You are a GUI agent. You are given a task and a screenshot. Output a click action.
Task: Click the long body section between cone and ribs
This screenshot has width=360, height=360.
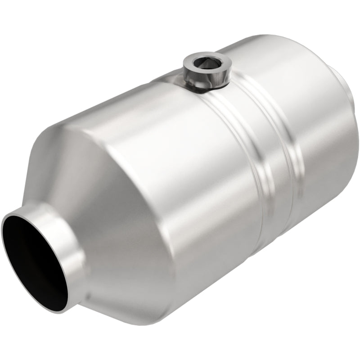pos(180,180)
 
